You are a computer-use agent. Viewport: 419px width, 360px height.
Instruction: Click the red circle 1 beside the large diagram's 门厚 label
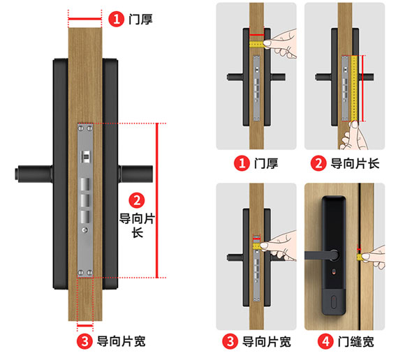117,19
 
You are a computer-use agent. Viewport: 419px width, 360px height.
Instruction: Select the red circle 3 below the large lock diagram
84,342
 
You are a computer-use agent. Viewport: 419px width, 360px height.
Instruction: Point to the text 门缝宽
353,342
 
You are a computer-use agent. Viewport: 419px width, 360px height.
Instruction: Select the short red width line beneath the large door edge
85,325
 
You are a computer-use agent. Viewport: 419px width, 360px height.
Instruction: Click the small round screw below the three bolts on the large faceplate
85,230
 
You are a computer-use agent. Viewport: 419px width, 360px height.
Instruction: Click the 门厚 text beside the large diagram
140,19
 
